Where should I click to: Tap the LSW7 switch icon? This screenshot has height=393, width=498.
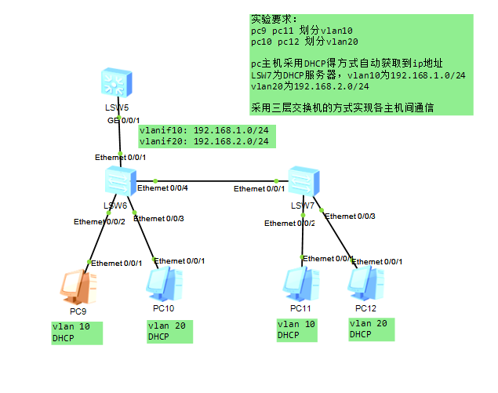tap(304, 183)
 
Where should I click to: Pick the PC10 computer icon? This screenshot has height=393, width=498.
tap(164, 285)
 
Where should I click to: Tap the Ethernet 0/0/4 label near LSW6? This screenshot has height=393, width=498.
tap(162, 188)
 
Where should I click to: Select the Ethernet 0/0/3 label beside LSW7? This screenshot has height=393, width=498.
tap(350, 216)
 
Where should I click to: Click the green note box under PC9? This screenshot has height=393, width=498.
tap(76, 332)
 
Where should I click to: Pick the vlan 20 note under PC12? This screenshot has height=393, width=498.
tap(372, 329)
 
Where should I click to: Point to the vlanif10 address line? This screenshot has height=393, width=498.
tap(204, 130)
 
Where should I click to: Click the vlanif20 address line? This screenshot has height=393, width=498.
tap(204, 141)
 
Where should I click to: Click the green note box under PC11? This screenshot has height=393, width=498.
tap(296, 329)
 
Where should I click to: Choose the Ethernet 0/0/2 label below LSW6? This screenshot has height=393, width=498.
tap(100, 222)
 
